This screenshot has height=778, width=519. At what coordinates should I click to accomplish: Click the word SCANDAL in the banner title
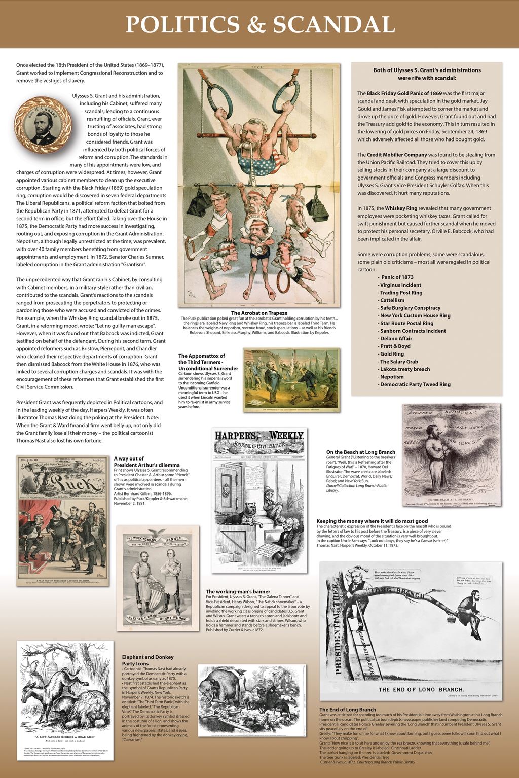[334, 24]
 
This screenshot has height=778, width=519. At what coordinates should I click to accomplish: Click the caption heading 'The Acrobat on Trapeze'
[259, 313]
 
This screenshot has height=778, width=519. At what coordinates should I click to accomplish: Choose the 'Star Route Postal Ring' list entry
[407, 323]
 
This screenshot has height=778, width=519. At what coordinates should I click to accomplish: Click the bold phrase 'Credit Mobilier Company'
[397, 155]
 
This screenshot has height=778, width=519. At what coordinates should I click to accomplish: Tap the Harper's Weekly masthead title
[259, 436]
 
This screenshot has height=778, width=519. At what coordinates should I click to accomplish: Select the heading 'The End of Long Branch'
[348, 709]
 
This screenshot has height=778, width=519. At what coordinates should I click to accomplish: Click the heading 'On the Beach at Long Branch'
[361, 452]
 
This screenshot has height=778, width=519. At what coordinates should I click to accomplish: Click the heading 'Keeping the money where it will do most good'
[372, 521]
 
